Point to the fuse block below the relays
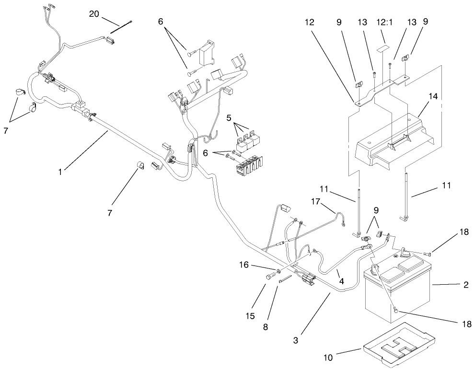pos(249,166)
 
